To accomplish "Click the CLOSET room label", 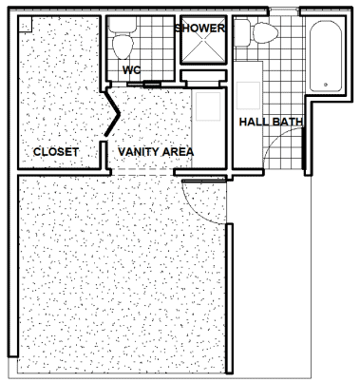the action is click(56, 152).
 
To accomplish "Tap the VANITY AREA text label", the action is click(156, 152).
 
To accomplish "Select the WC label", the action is click(131, 69).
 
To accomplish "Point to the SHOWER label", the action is click(199, 29).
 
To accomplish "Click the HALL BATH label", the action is click(271, 122).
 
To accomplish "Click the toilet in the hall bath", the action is click(256, 32).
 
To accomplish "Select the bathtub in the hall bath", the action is click(326, 56).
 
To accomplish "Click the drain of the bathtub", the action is click(326, 85).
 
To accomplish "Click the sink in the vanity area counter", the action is click(208, 106).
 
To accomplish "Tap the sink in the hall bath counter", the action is click(249, 95).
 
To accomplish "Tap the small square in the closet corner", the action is click(26, 25).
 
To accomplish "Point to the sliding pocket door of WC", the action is click(143, 85).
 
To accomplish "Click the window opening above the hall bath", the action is click(284, 12).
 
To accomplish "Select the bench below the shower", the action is click(203, 76).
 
